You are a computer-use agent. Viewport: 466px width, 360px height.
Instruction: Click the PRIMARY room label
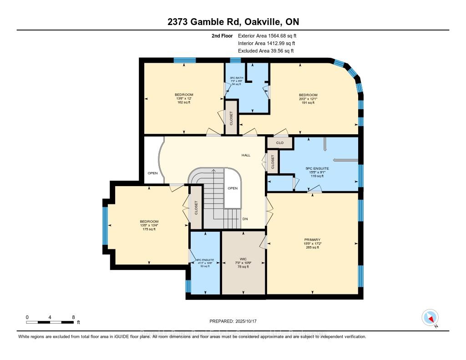coord(312,239)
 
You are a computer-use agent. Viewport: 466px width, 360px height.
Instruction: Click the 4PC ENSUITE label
coord(205,260)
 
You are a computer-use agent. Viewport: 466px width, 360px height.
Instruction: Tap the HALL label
coord(246,155)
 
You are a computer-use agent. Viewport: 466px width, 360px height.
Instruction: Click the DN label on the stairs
coord(245,219)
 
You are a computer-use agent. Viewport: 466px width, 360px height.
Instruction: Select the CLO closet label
coord(279,142)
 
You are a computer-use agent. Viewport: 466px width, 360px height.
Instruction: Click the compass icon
coord(430,317)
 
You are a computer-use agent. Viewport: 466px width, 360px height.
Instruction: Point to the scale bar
coord(51,322)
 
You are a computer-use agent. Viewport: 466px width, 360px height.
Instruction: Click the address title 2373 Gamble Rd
coord(233,22)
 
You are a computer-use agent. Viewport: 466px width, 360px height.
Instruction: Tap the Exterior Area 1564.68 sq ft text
coord(267,35)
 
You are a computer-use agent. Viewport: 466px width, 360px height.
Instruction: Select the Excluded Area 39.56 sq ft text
coord(266,51)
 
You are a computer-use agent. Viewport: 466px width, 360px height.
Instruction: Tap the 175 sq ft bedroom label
coord(149,229)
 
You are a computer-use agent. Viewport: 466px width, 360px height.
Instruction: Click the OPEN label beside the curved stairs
coord(233,188)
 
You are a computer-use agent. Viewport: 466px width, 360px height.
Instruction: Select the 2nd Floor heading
coord(223,35)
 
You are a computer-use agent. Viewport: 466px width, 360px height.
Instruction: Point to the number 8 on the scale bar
coord(73,317)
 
